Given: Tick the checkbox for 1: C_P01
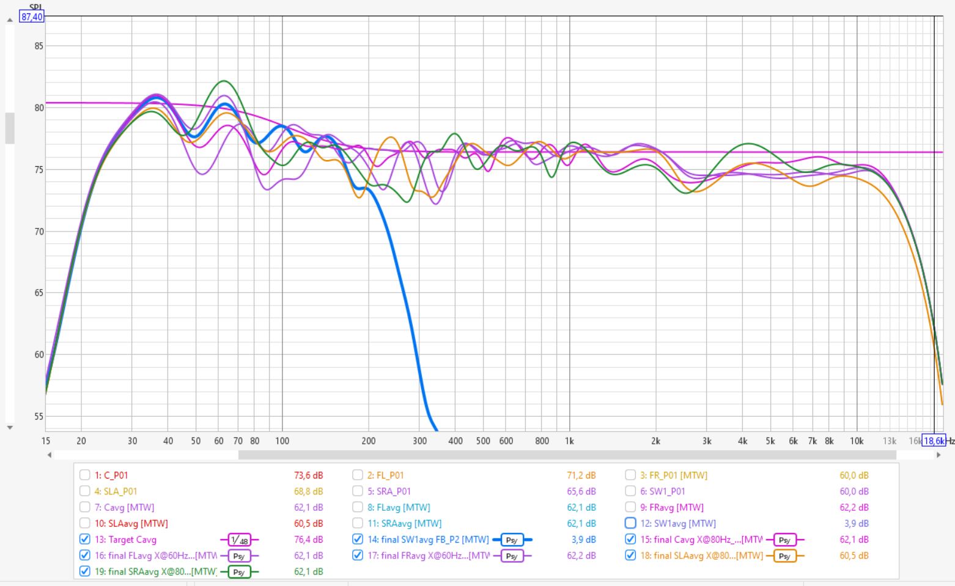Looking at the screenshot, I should (x=84, y=475).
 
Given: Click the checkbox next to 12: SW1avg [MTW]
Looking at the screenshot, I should (x=630, y=523).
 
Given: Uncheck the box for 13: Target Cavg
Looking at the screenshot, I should (x=84, y=540).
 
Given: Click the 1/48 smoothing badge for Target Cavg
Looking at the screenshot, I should (x=239, y=540).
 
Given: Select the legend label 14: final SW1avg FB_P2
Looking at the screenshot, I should (x=428, y=540).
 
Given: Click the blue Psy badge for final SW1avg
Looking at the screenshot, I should (x=512, y=540).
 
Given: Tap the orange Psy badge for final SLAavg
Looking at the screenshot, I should (x=784, y=556).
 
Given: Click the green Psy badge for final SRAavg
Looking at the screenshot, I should (x=239, y=572).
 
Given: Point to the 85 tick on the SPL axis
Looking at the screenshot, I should (x=39, y=46).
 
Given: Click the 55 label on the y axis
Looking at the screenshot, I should (x=39, y=417).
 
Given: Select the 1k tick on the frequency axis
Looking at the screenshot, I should (x=569, y=441).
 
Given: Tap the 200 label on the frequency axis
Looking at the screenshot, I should (x=368, y=441).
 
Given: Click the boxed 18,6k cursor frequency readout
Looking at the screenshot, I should (x=933, y=441).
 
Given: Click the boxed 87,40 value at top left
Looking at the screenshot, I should (x=32, y=17).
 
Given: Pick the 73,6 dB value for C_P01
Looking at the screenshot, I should (x=308, y=475).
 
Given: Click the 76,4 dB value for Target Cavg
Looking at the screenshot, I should (x=308, y=540).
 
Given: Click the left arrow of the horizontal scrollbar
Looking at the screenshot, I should (x=50, y=455).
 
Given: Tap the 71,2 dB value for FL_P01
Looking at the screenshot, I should (x=581, y=475).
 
